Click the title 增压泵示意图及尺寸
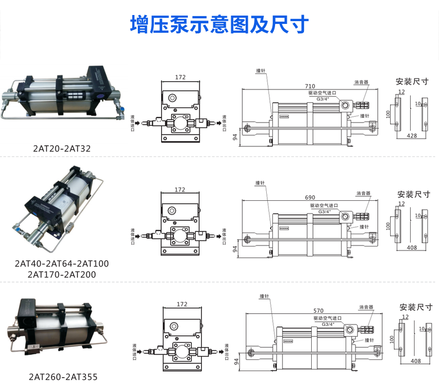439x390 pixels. [219, 24]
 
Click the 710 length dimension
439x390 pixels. [310, 86]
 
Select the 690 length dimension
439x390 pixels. [310, 198]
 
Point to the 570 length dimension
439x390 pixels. [318, 310]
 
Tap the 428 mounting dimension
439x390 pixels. [412, 135]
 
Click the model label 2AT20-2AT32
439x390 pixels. [62, 149]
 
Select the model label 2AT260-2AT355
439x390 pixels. [63, 377]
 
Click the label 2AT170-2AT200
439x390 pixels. [62, 274]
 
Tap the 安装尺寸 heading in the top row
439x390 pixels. [412, 81]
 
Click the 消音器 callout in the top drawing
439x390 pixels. [361, 82]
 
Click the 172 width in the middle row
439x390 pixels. [180, 190]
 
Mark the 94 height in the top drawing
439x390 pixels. [235, 136]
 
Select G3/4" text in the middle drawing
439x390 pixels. [324, 211]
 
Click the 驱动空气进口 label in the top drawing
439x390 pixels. [327, 93]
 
